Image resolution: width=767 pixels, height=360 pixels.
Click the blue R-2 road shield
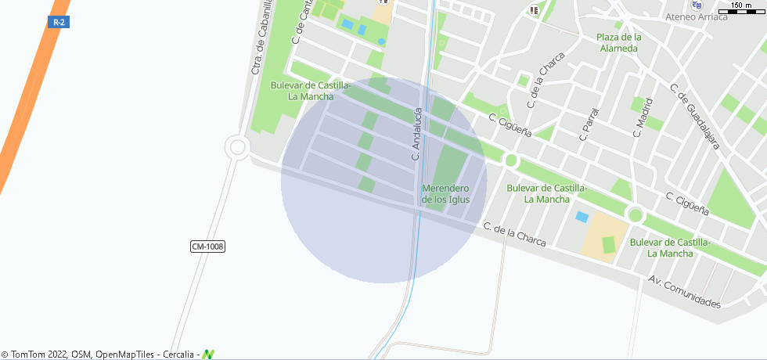pos(58,22)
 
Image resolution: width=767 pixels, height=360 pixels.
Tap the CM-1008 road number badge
pos(207,247)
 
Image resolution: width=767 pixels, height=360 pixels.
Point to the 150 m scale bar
pos(741,7)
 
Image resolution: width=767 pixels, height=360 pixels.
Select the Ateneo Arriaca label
pos(695,17)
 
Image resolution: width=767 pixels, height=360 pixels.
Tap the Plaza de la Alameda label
pos(618,42)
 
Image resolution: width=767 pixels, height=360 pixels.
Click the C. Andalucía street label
pos(416,135)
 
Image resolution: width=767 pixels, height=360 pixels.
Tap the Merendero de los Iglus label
pos(445,193)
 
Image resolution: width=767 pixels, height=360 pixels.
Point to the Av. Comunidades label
pos(684,291)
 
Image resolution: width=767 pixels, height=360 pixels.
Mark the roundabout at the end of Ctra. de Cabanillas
pos(236,146)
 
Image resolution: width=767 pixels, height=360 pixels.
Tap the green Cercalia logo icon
pos(208,355)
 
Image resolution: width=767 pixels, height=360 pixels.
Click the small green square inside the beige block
pos(608,244)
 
